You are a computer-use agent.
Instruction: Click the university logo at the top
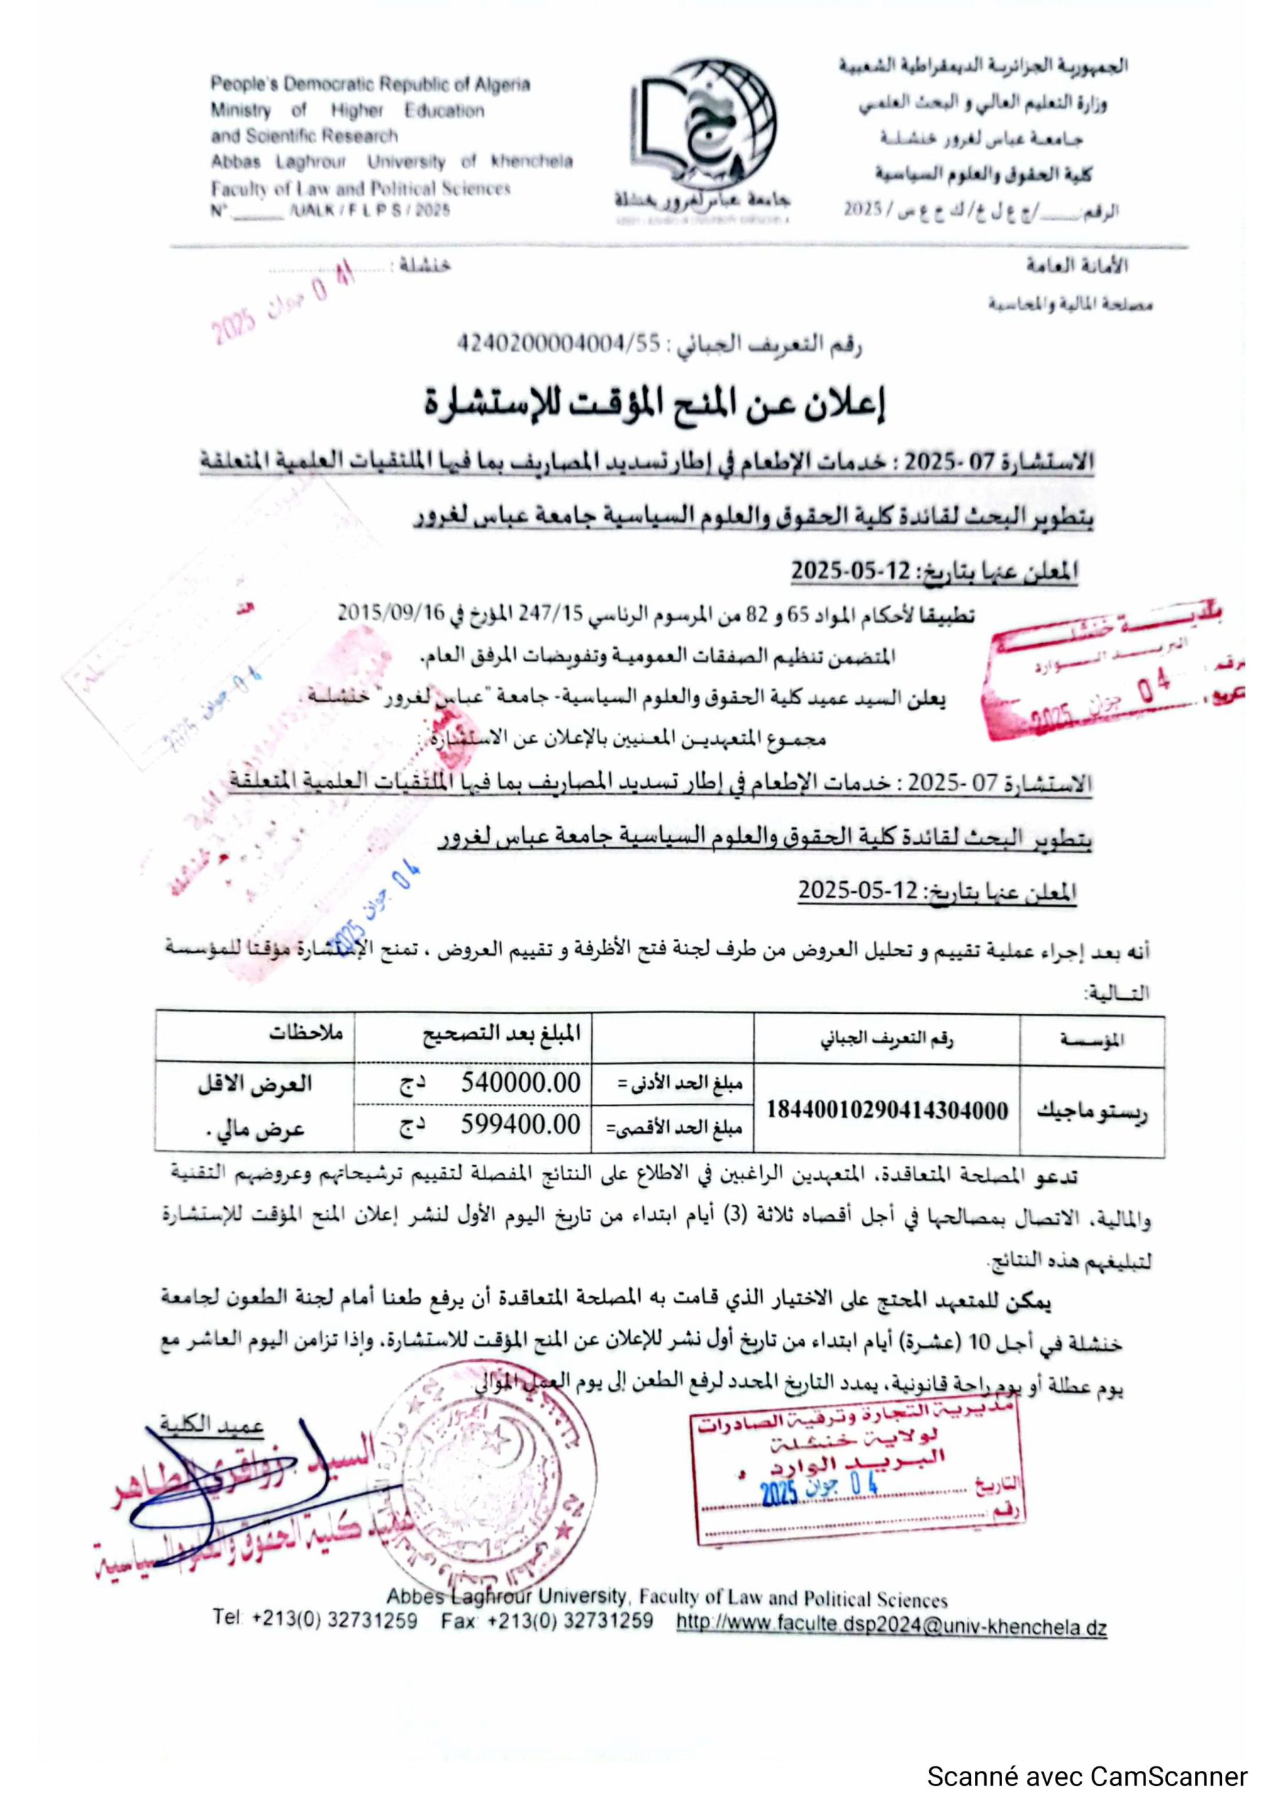[x=703, y=135]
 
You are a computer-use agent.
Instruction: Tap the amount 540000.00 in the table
[x=521, y=1083]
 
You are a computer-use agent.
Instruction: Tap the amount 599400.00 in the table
[x=521, y=1125]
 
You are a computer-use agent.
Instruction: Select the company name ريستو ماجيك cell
[x=1092, y=1112]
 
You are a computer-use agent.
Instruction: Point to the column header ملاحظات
[x=306, y=1033]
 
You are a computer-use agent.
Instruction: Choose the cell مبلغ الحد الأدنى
[x=680, y=1084]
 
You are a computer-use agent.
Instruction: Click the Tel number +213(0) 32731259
[x=334, y=1621]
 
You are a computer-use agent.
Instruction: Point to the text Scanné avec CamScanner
[x=1087, y=1776]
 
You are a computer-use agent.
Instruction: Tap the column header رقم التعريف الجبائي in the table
[x=886, y=1039]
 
